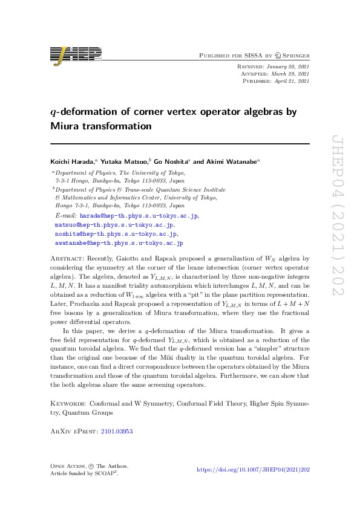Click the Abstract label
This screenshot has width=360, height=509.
[66, 258]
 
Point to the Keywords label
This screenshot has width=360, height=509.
[67, 403]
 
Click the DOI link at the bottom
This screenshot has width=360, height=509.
[254, 469]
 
